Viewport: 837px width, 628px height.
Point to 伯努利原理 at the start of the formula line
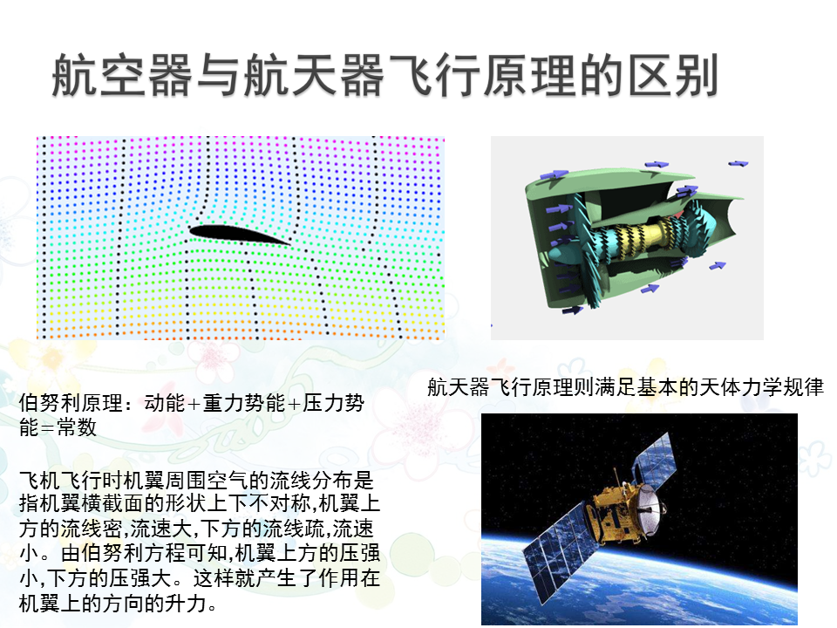tap(71, 403)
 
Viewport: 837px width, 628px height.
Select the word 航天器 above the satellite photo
tap(458, 386)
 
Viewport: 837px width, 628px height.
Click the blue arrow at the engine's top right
tap(738, 163)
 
